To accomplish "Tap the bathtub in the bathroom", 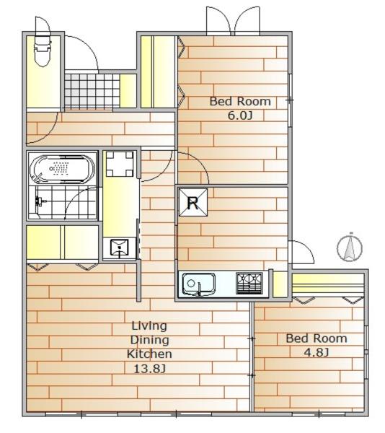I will (62, 170).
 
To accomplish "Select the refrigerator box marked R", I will (192, 202).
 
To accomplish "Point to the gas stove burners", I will (250, 283).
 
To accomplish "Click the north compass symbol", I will (350, 247).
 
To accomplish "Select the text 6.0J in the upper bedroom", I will (240, 115).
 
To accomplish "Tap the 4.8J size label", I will (317, 352).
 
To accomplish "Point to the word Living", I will (149, 325).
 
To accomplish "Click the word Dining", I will (149, 339).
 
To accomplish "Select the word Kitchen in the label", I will (149, 354).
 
